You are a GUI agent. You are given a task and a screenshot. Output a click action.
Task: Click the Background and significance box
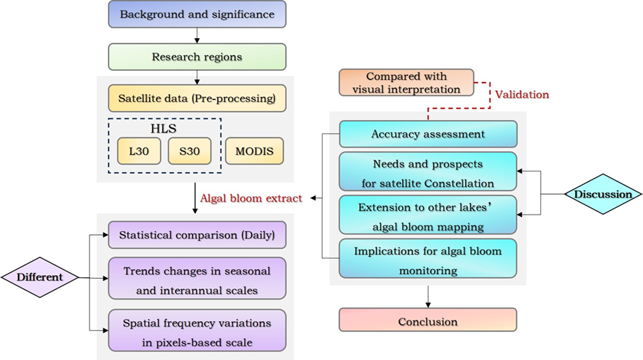click(197, 15)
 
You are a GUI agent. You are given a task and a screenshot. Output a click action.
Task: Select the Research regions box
click(197, 57)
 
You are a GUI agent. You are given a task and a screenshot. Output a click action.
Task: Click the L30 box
click(138, 151)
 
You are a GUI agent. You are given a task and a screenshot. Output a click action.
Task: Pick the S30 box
click(189, 151)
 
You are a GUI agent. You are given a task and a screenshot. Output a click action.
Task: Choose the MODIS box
click(254, 151)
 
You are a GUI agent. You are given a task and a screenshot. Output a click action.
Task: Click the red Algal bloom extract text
click(250, 198)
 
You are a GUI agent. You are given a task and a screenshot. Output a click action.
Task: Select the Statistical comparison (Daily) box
click(197, 235)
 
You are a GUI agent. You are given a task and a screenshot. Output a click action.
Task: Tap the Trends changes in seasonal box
click(197, 278)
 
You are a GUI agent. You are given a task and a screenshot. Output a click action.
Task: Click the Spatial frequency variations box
click(197, 330)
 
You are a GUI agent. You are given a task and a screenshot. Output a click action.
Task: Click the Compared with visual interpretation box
click(406, 83)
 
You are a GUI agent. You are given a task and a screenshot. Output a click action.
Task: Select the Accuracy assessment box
click(428, 134)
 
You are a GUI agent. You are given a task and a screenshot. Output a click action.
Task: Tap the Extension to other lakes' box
click(428, 215)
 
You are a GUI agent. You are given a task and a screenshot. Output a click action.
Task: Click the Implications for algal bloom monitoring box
click(428, 259)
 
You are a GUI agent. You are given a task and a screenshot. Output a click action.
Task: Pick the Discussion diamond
click(603, 195)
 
